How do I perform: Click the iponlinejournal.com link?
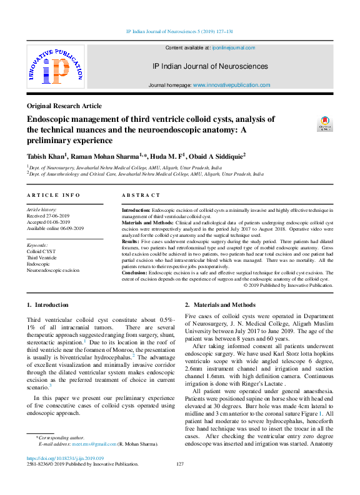[x=234, y=47]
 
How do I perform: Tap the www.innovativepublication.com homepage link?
[x=231, y=85]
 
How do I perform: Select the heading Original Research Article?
[x=64, y=106]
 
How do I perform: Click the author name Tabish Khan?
[x=45, y=155]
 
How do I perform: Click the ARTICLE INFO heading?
[x=53, y=196]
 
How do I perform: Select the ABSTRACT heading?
[x=141, y=196]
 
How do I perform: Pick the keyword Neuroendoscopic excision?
[x=53, y=271]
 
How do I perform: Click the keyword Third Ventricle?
[x=41, y=257]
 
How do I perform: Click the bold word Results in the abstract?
[x=130, y=240]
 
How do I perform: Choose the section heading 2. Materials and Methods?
[x=220, y=305]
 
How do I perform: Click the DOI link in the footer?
[x=66, y=458]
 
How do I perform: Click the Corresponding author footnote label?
[x=54, y=437]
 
